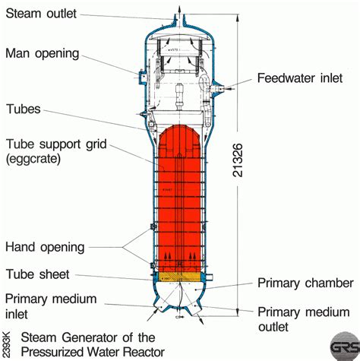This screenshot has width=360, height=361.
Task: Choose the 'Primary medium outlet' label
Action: tap(303, 319)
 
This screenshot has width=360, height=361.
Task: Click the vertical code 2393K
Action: tap(7, 343)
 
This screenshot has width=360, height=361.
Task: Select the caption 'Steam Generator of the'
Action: tap(88, 337)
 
